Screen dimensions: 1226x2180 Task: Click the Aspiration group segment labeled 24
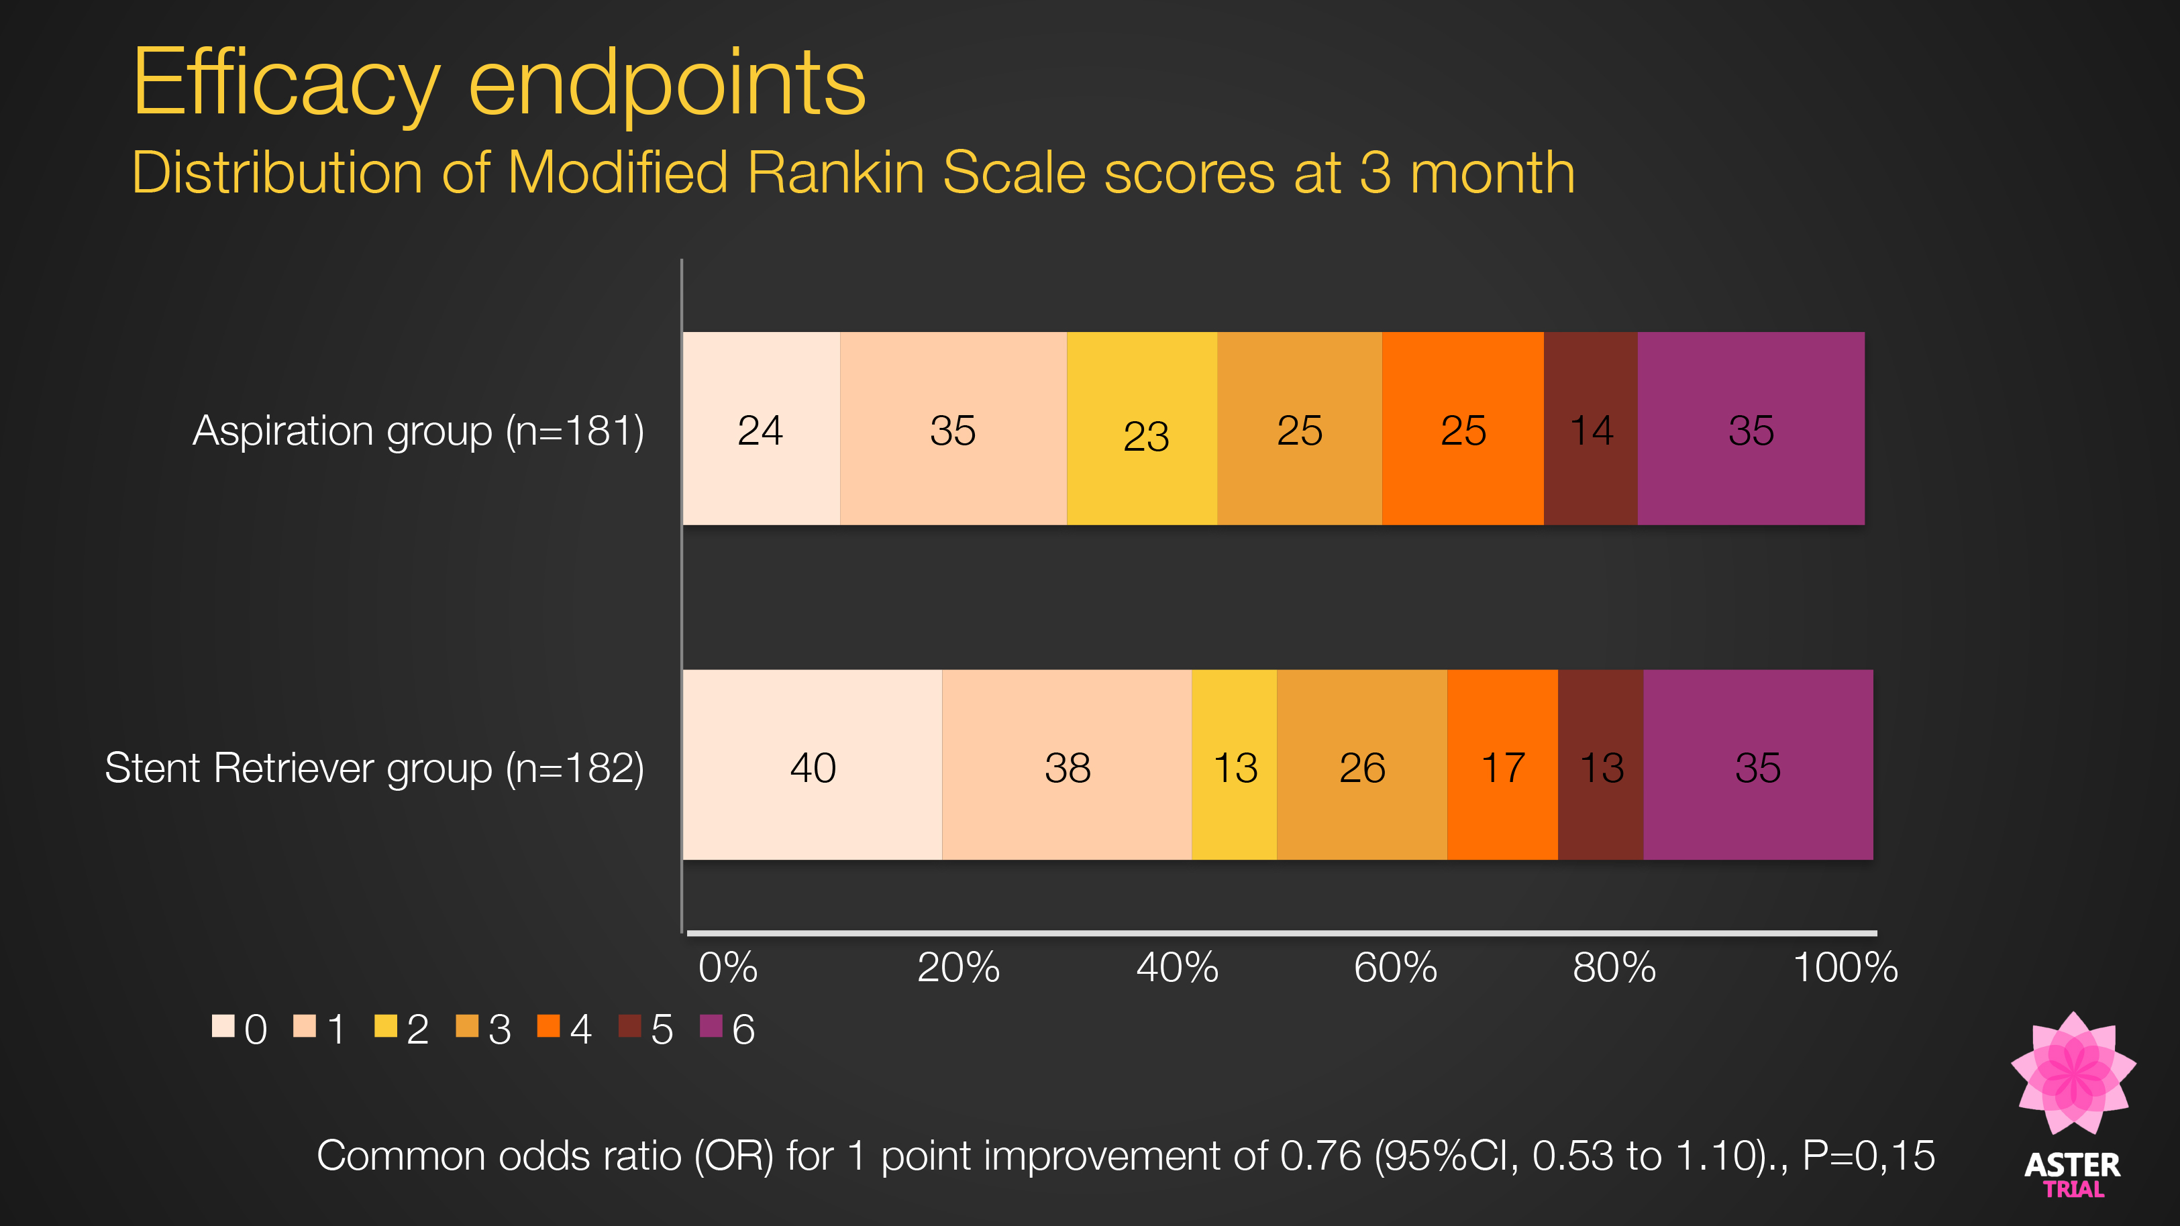(x=760, y=429)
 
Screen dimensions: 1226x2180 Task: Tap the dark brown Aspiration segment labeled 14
(x=1590, y=429)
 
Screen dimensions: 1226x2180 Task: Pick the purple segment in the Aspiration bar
(x=1750, y=429)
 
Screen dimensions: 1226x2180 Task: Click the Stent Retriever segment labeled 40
(x=812, y=766)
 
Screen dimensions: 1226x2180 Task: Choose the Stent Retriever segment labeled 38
(x=1066, y=766)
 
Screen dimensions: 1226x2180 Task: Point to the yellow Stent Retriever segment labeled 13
(x=1234, y=766)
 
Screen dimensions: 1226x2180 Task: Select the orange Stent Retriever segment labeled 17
(x=1502, y=766)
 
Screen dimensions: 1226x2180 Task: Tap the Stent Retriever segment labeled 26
(x=1361, y=766)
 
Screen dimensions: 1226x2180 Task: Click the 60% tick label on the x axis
(x=1395, y=967)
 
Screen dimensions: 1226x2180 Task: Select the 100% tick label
(x=1845, y=967)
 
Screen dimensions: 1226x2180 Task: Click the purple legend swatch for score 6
(x=711, y=1026)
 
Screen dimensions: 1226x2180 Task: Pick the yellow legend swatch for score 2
(x=386, y=1026)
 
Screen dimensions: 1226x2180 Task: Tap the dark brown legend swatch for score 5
(x=629, y=1026)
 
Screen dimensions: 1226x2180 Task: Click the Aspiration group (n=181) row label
(x=418, y=431)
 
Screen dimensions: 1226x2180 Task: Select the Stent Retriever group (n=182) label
(x=374, y=768)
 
